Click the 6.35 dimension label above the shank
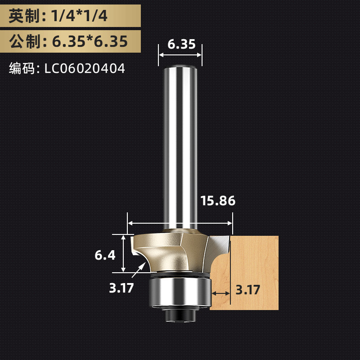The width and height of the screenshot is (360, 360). pos(181,44)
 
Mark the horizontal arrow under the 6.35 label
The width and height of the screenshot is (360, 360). pos(180,55)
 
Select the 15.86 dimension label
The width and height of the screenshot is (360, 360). pos(218,201)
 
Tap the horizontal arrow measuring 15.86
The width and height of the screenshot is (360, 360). pos(180,223)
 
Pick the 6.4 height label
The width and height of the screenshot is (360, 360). pos(105,255)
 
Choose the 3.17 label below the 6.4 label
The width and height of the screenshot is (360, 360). pos(121,288)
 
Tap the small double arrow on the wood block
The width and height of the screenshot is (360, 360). pos(220,293)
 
